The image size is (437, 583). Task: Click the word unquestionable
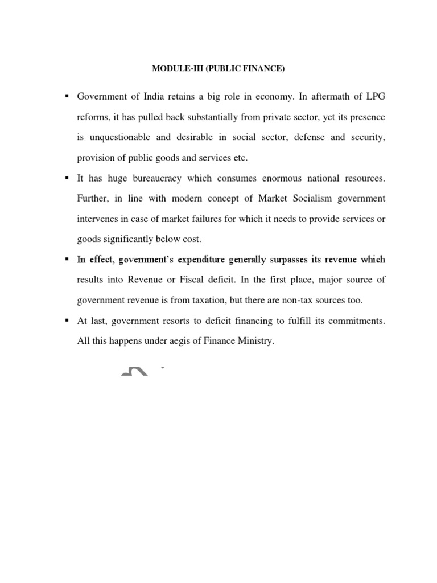coord(122,138)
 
